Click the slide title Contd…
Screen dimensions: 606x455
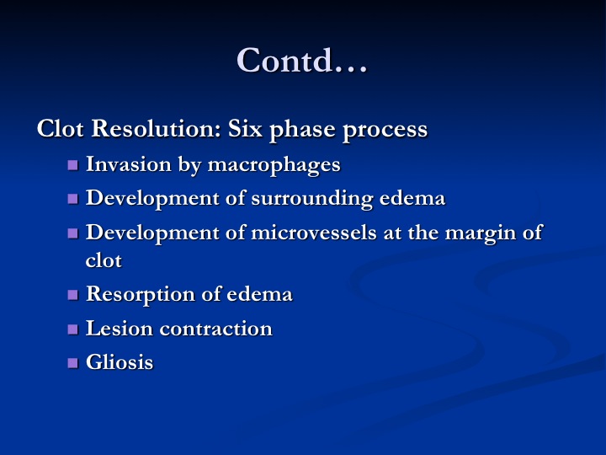tap(302, 60)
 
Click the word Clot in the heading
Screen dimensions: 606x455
tap(60, 128)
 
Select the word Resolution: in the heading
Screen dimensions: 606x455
tap(157, 128)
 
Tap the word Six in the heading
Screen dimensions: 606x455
tap(246, 128)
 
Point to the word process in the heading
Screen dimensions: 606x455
tap(385, 131)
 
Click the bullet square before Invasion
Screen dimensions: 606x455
tap(72, 166)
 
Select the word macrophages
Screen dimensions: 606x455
tap(274, 166)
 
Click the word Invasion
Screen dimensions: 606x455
tap(128, 163)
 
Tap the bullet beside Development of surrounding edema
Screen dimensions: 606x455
tap(72, 199)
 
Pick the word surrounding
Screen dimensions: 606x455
tap(312, 199)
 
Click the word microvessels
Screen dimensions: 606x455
tap(313, 233)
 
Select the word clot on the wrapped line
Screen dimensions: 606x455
tap(104, 260)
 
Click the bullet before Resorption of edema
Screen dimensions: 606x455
tap(72, 295)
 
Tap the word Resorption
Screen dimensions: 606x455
tap(141, 295)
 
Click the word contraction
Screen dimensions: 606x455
tap(216, 329)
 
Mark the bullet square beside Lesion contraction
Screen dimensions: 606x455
tap(72, 329)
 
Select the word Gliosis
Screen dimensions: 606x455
tap(120, 361)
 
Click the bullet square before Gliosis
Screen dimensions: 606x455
tap(72, 363)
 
